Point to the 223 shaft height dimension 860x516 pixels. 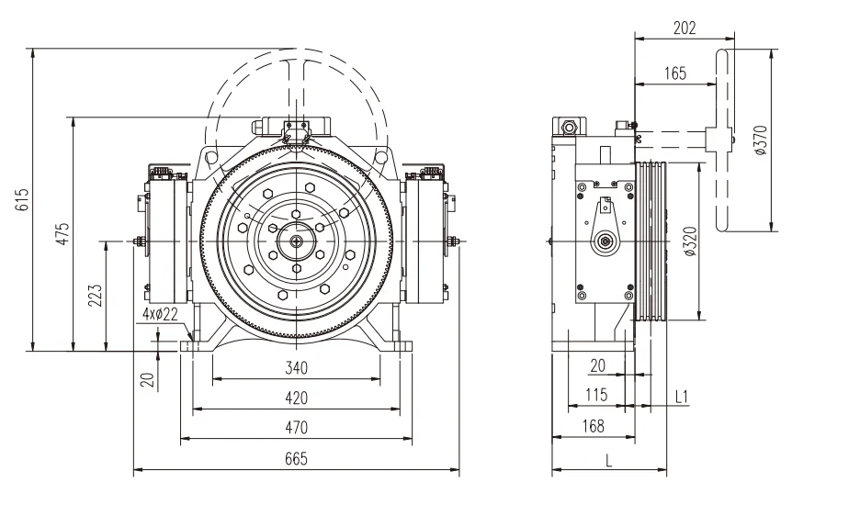coord(96,295)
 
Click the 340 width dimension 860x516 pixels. coord(296,368)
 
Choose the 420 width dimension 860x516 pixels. coord(296,398)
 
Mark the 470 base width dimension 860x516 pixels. coord(296,427)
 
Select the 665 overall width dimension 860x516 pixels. coord(296,458)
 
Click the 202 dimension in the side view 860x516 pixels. coord(684,28)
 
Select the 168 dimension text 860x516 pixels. coord(593,425)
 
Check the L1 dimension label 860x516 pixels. coord(682,396)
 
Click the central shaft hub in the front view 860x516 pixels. coord(297,241)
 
